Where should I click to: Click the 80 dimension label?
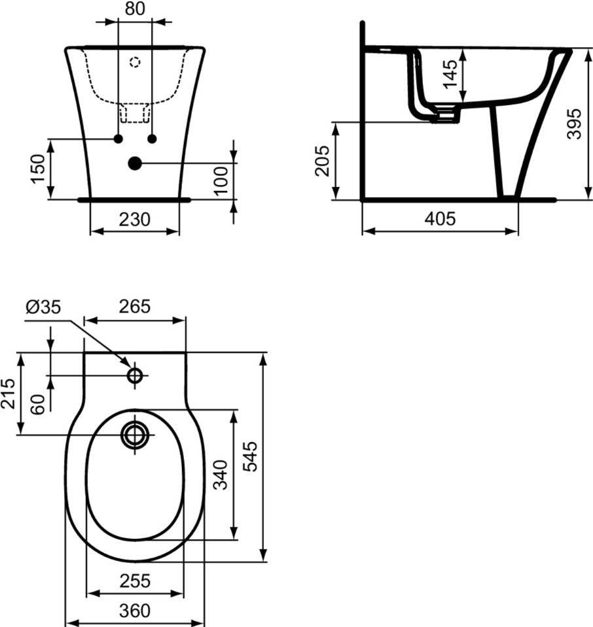[135, 8]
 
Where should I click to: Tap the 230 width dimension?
[135, 219]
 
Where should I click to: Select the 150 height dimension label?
[39, 169]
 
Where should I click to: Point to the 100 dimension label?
[220, 180]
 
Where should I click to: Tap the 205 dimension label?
[322, 161]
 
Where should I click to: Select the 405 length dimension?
[440, 219]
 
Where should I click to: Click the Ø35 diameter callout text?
[43, 307]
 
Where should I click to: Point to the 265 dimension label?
[135, 306]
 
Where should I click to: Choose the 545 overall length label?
[251, 456]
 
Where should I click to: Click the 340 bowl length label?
[220, 475]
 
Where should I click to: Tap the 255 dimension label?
[135, 581]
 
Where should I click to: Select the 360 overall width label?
[135, 611]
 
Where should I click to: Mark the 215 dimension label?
[8, 394]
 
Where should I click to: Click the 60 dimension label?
[38, 405]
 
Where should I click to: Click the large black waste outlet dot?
[135, 163]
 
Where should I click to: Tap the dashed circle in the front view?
[135, 62]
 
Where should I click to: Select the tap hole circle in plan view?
[135, 375]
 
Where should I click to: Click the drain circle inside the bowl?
[135, 435]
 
